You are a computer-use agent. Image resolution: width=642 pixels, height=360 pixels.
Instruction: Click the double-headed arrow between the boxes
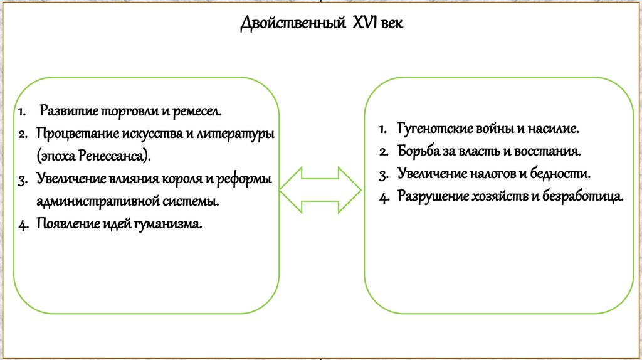[320, 189]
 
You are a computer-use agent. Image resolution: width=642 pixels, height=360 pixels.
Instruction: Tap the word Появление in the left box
[65, 224]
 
